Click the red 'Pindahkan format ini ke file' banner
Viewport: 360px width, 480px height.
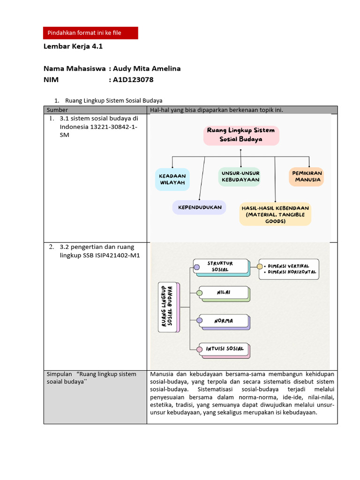pyautogui.click(x=90, y=33)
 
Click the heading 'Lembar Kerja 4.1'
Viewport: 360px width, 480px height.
pyautogui.click(x=73, y=46)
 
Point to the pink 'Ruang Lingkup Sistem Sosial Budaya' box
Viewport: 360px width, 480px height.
pyautogui.click(x=241, y=135)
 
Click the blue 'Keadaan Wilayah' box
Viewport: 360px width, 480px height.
pyautogui.click(x=172, y=179)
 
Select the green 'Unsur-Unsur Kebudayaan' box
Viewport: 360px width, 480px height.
pyautogui.click(x=240, y=176)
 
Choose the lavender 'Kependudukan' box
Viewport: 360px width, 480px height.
pyautogui.click(x=199, y=207)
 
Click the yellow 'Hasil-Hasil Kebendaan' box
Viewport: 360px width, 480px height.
pyautogui.click(x=275, y=214)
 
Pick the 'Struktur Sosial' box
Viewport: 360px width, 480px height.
pyautogui.click(x=221, y=266)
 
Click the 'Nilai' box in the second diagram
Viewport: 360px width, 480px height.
pyautogui.click(x=224, y=293)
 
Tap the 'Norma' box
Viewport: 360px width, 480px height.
pyautogui.click(x=224, y=321)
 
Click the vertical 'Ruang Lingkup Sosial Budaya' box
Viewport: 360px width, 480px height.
pyautogui.click(x=169, y=307)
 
